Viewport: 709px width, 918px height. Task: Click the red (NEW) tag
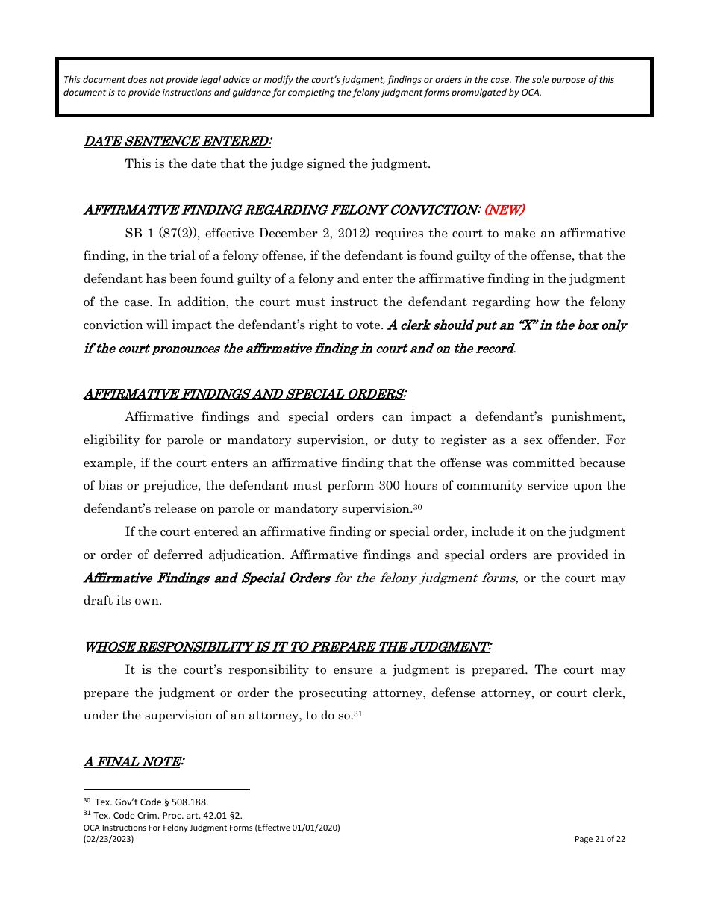click(505, 210)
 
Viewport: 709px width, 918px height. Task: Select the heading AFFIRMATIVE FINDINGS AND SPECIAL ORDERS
click(245, 394)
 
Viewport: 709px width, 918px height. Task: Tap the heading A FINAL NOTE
click(134, 762)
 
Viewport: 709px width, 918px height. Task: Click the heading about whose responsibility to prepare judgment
click(287, 647)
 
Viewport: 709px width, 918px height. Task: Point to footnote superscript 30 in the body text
click(418, 508)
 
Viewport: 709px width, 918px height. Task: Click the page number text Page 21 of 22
click(599, 839)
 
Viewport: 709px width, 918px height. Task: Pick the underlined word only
click(613, 325)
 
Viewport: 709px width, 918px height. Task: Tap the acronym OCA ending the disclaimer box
click(531, 93)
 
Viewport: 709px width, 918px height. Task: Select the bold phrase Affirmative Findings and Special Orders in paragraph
click(207, 578)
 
